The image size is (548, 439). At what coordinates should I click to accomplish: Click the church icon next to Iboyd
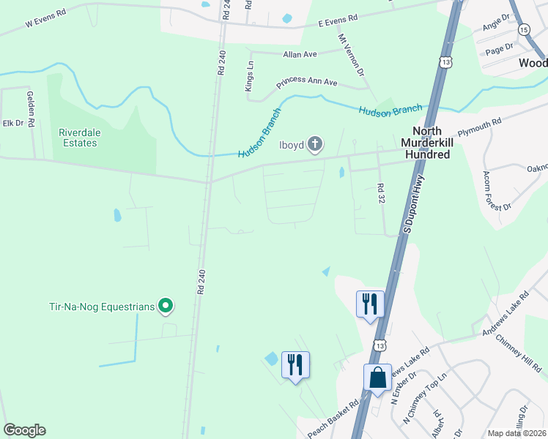315,143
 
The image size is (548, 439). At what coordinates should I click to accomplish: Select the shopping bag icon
378,378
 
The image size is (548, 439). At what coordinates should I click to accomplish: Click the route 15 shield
523,29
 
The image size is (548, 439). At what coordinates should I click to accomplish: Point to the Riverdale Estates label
78,138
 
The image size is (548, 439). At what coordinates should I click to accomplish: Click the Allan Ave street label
300,54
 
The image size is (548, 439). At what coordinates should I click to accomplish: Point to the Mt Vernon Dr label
351,54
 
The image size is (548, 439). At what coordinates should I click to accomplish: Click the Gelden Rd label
31,109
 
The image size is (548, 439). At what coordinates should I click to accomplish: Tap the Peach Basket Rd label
333,419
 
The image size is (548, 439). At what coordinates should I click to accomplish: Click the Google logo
24,430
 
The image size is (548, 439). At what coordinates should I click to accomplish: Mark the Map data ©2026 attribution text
516,433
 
